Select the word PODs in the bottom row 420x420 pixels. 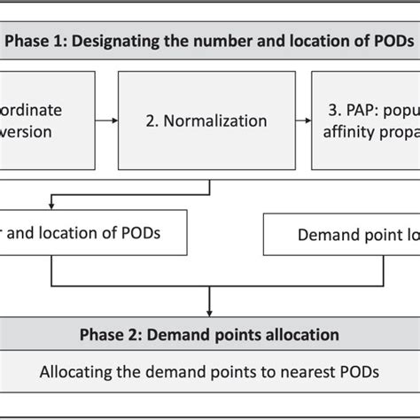click(358, 371)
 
